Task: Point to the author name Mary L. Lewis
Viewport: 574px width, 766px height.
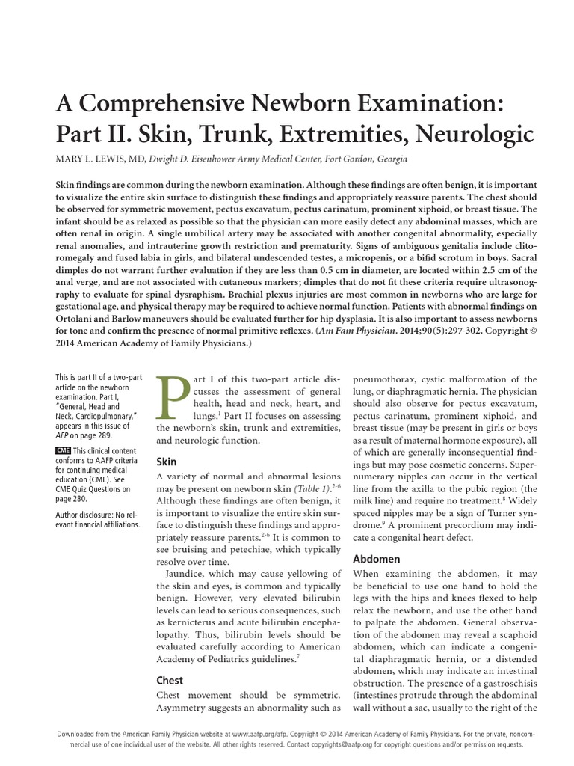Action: click(96, 159)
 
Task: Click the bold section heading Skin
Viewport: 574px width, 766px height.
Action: click(167, 462)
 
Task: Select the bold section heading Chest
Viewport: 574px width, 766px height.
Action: click(170, 680)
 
